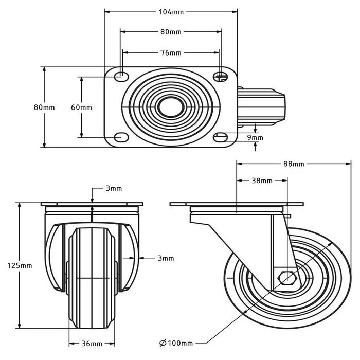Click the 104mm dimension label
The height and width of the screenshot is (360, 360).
[171, 11]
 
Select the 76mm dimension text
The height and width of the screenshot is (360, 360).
[171, 52]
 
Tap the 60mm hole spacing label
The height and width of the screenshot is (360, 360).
[81, 107]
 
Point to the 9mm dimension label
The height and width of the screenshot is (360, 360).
[255, 138]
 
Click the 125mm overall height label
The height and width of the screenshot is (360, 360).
[21, 265]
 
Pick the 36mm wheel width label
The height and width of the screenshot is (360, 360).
[92, 344]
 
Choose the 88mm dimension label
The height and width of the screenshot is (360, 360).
[294, 164]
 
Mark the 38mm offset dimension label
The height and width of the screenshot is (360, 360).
[262, 181]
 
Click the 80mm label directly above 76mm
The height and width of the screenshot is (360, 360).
[171, 32]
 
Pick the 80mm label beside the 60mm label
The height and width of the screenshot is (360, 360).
[44, 107]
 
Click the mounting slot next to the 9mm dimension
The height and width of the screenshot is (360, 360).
[221, 137]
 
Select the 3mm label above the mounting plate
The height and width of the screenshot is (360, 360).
[114, 189]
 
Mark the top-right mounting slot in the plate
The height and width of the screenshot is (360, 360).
[221, 77]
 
